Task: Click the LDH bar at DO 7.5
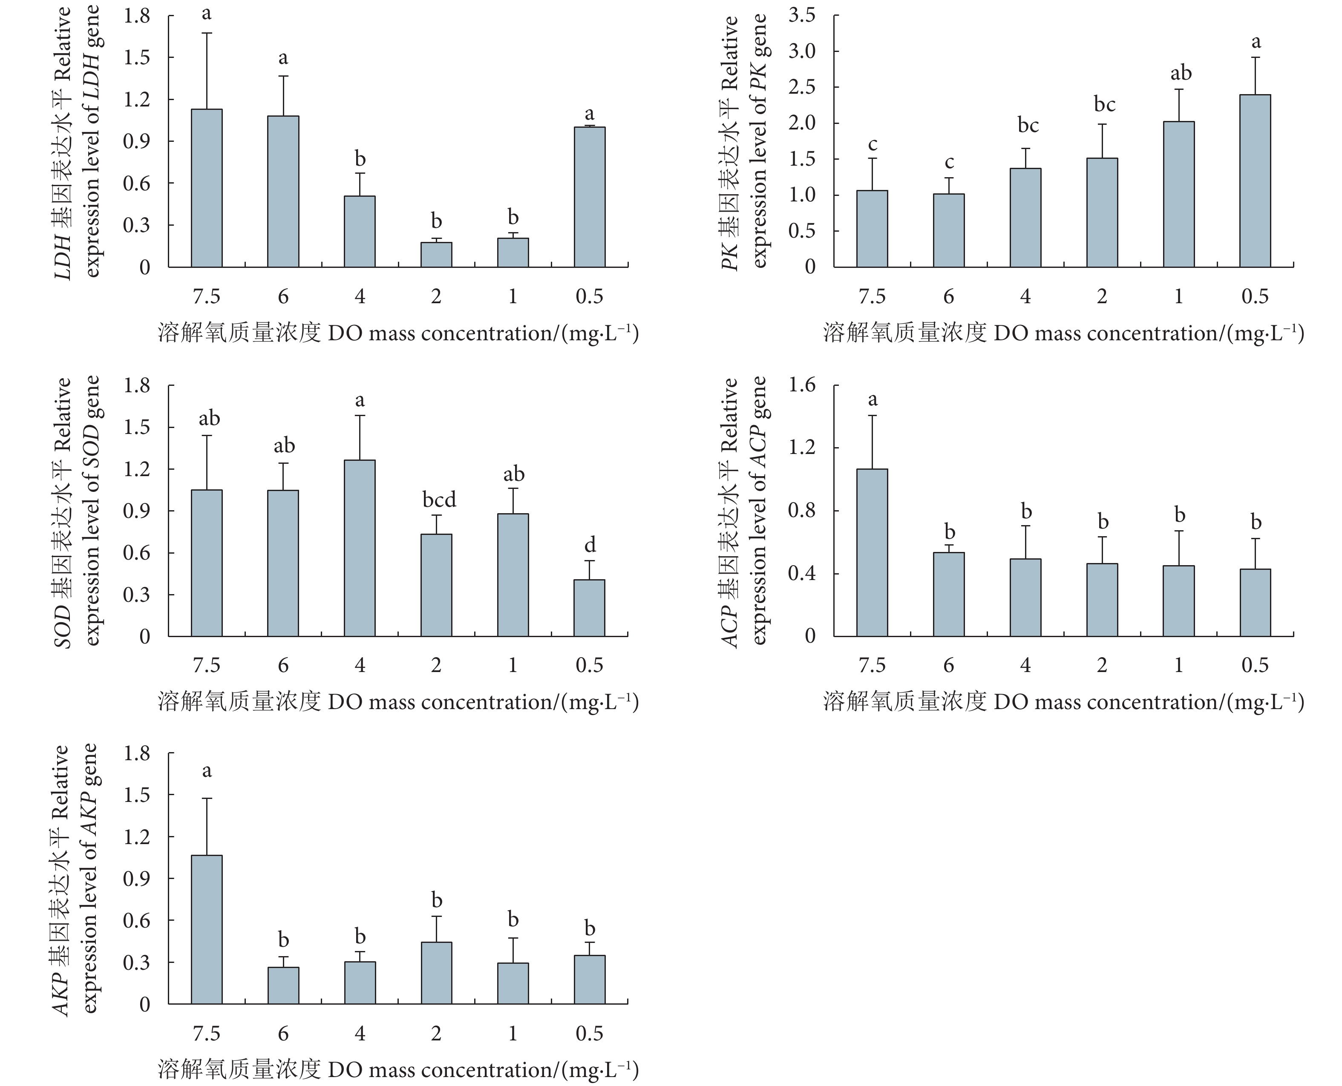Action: [207, 188]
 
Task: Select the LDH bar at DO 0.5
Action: [589, 197]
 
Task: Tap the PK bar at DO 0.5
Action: [1255, 181]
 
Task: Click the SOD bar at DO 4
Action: [360, 548]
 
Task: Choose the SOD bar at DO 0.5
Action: [589, 608]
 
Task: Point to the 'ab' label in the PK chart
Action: [1181, 73]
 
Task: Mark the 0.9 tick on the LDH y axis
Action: [136, 141]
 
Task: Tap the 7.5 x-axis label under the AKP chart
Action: [207, 1034]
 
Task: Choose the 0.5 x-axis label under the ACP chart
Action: [1255, 665]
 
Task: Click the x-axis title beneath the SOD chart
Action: [398, 702]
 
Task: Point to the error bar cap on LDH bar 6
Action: [283, 76]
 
